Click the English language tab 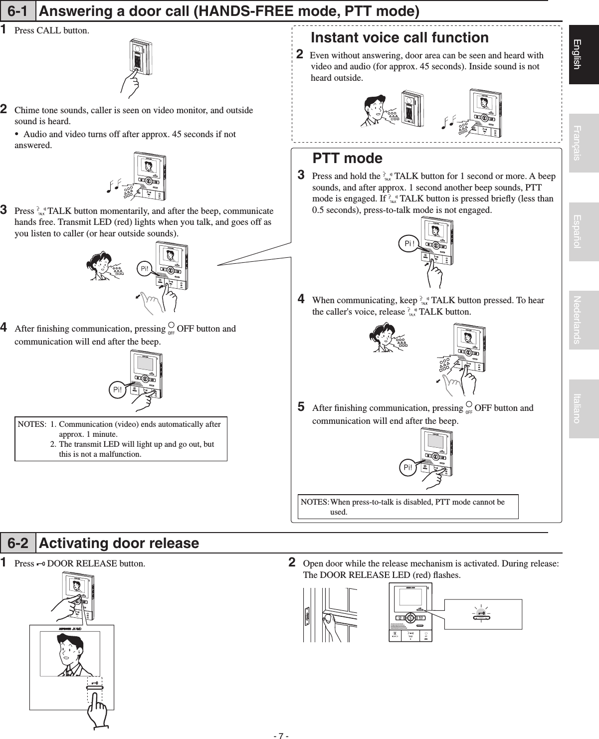[584, 54]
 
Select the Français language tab [584, 143]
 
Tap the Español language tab [584, 232]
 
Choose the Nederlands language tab [584, 320]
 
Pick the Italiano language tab [584, 408]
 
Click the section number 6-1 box [18, 11]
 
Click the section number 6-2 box [18, 543]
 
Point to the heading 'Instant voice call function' [399, 38]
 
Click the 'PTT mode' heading [347, 159]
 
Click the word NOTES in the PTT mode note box [314, 502]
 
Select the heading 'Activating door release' [119, 543]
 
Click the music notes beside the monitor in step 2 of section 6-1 [114, 186]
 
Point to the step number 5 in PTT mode [301, 407]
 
